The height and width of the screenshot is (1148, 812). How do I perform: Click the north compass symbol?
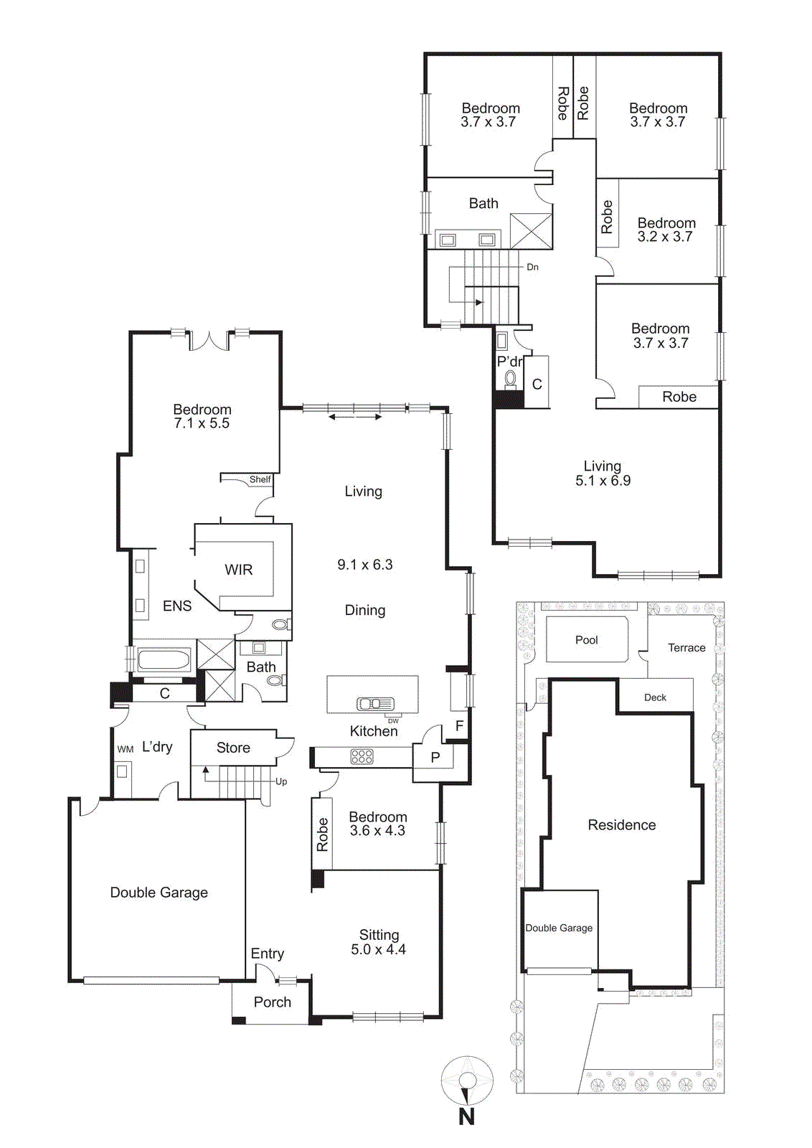tap(467, 1081)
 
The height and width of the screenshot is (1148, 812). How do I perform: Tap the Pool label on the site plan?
tap(586, 640)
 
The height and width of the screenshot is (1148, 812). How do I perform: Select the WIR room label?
tap(238, 570)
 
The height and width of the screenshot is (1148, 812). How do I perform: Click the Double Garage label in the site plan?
tap(559, 928)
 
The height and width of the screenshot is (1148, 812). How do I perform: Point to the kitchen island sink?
tap(375, 704)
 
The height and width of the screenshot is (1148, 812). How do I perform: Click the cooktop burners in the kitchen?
tap(362, 756)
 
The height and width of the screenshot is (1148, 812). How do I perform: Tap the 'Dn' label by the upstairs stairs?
tap(532, 267)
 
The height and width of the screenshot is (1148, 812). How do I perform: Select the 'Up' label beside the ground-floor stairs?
tap(281, 781)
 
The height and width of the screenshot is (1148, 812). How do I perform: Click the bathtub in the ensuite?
tap(164, 660)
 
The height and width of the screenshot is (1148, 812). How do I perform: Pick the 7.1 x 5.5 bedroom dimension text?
tap(202, 424)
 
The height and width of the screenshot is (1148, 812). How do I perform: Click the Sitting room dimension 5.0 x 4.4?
tap(378, 950)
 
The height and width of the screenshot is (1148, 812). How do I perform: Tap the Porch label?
tap(273, 1002)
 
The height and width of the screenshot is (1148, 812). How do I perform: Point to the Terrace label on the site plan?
tap(686, 648)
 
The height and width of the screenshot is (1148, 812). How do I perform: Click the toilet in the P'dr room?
tap(511, 378)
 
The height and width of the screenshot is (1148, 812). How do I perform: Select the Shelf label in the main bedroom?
tap(260, 479)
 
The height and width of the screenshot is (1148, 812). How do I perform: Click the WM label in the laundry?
tap(126, 749)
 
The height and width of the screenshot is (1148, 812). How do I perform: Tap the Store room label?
tap(233, 748)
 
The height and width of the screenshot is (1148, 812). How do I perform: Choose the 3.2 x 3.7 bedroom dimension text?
tap(665, 237)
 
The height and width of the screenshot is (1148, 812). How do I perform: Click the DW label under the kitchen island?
tap(393, 721)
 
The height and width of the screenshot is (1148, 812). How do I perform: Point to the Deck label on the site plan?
tap(655, 697)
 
